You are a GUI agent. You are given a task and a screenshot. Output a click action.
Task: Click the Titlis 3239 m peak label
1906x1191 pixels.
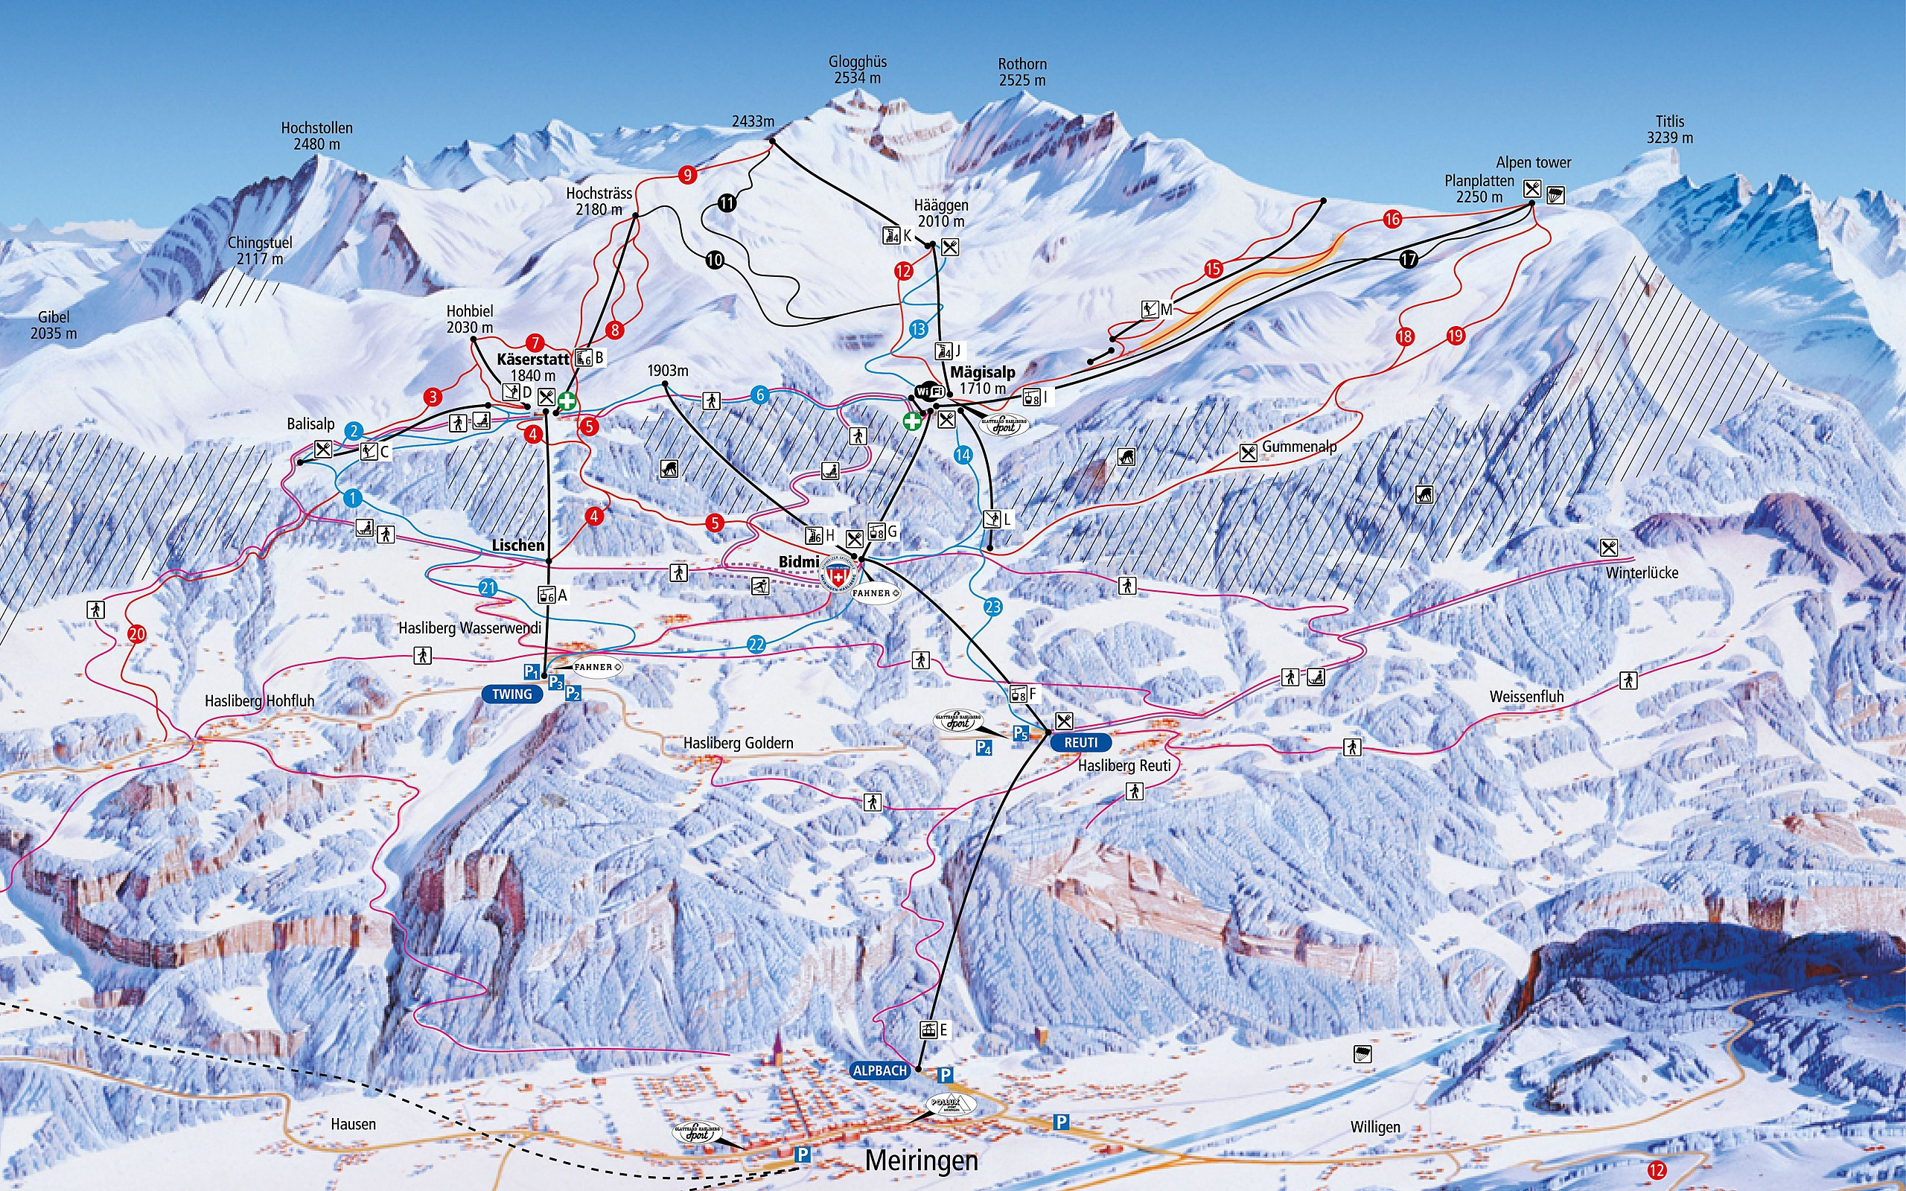(x=1669, y=130)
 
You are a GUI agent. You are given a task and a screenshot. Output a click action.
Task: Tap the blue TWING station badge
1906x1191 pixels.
(x=512, y=694)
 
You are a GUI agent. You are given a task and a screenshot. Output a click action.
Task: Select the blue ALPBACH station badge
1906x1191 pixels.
(x=880, y=1070)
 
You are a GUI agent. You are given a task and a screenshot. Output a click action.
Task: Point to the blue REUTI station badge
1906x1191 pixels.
(x=1080, y=743)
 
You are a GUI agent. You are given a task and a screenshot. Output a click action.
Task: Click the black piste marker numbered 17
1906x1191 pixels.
(x=1408, y=259)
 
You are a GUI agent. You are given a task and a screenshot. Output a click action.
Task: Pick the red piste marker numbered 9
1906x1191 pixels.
(x=688, y=175)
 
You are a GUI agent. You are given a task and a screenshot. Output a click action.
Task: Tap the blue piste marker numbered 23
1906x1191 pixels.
(x=992, y=607)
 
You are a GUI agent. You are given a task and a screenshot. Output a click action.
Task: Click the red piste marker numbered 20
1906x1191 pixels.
(x=137, y=634)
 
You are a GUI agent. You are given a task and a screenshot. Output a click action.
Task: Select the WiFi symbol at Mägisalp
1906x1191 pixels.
(x=929, y=392)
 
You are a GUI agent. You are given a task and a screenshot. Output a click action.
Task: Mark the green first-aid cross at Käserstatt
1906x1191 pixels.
(x=567, y=402)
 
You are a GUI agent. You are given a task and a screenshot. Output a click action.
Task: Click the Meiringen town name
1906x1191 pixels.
(x=921, y=1160)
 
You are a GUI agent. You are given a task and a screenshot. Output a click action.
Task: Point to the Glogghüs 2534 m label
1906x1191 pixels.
(x=857, y=70)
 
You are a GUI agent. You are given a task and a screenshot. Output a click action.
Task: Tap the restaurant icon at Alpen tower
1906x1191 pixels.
(x=1532, y=188)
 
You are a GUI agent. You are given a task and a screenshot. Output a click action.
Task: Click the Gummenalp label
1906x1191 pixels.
(x=1298, y=447)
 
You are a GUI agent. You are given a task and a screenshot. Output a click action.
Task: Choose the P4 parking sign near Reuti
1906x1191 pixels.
(x=984, y=747)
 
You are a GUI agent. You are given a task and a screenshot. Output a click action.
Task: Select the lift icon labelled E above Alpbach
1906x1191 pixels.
(x=928, y=1029)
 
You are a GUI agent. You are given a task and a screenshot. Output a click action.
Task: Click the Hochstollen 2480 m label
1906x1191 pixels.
(x=316, y=136)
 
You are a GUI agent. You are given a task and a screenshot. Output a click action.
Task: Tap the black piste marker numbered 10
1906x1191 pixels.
(x=714, y=260)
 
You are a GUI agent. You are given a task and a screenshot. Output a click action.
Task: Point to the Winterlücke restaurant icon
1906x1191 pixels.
(x=1609, y=546)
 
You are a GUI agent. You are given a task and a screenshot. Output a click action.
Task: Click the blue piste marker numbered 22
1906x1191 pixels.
(x=756, y=645)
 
